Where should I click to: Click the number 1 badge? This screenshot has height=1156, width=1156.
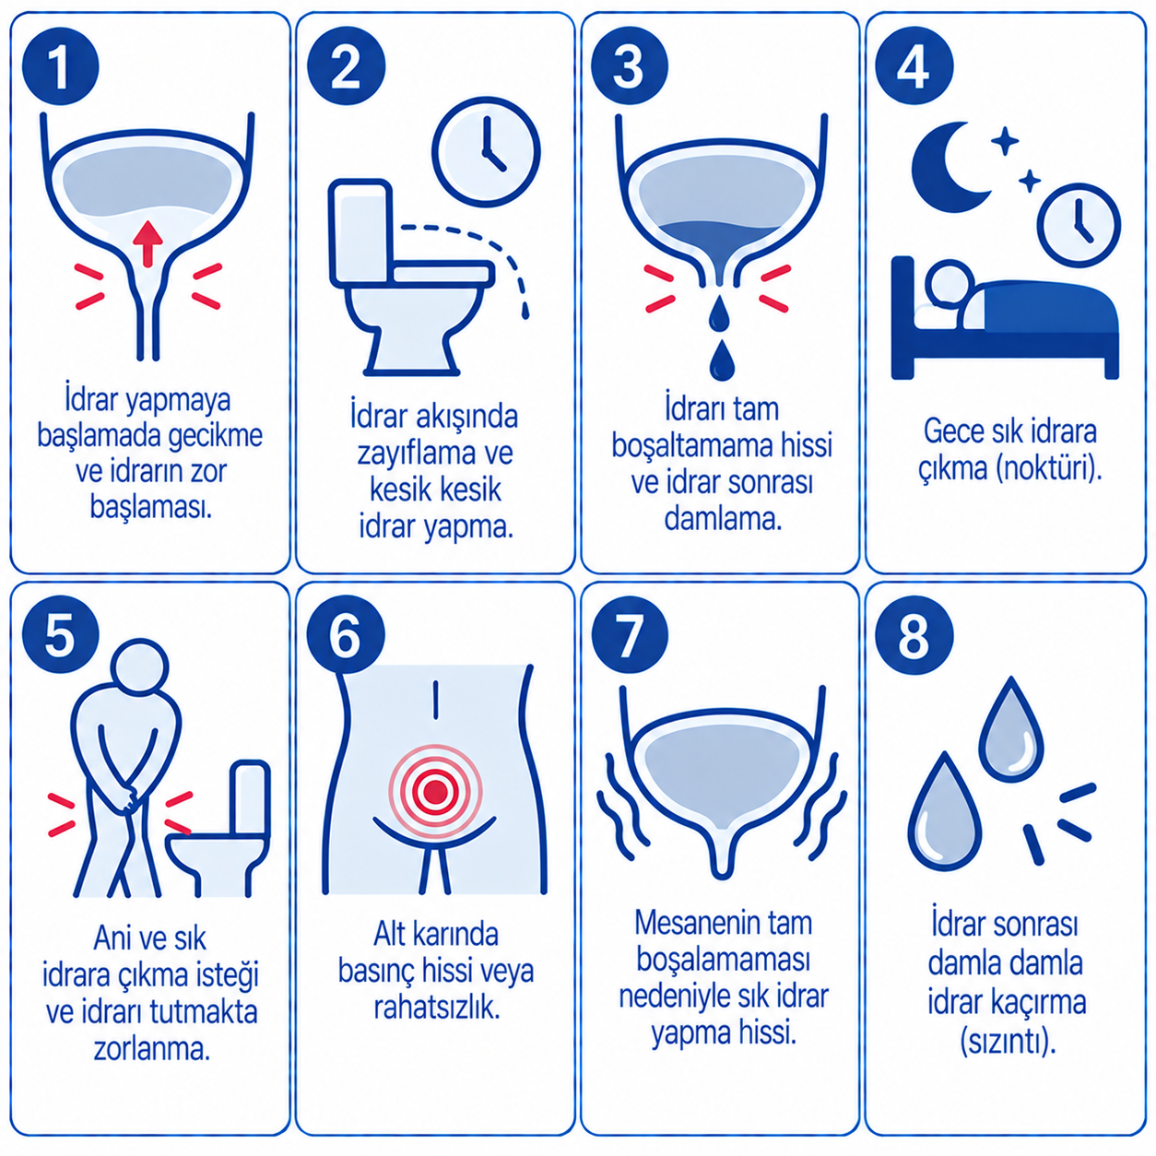click(x=60, y=66)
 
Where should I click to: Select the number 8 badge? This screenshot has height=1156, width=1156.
click(x=914, y=634)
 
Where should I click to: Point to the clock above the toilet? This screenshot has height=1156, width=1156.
click(x=487, y=152)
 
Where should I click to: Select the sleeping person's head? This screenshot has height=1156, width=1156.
click(x=950, y=285)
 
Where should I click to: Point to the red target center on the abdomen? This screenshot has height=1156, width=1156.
click(x=435, y=791)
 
